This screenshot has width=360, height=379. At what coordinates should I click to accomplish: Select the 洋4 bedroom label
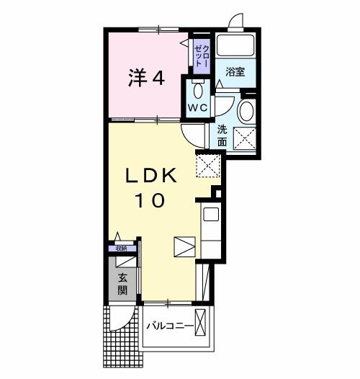coord(146,78)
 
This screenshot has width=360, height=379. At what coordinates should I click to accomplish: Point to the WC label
coord(197,107)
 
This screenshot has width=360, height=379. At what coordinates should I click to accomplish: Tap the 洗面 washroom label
coord(222,135)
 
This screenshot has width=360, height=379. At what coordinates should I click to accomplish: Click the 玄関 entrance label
coord(123,285)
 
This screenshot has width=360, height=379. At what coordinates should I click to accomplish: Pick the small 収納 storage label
coord(120,249)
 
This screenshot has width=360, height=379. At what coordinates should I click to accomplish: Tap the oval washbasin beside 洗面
coord(246,112)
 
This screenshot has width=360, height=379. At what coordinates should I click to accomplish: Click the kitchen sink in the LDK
coord(210,213)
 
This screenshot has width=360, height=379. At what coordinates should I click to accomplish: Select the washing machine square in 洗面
coord(244,137)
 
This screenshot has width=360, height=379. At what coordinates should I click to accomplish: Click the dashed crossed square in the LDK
coord(207,166)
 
